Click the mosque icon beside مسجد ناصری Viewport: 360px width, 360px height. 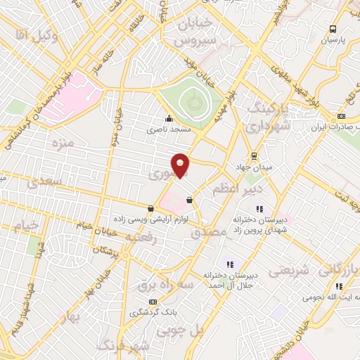point(168,118)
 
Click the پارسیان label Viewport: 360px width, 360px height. point(334,40)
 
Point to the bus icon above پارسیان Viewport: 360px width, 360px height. point(333,29)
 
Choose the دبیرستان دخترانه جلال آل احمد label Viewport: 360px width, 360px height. point(231,281)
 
